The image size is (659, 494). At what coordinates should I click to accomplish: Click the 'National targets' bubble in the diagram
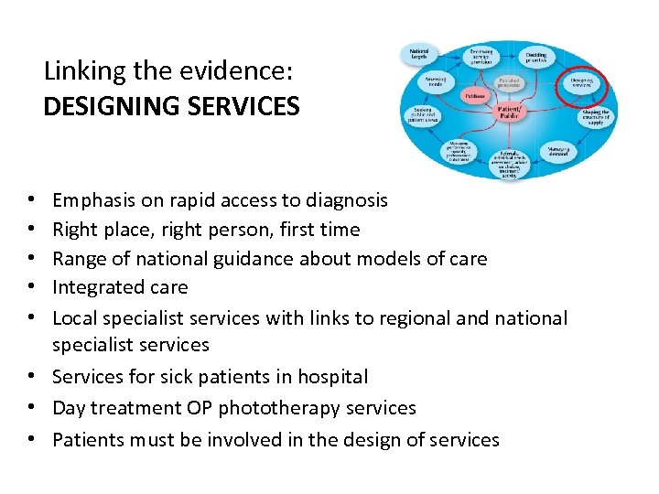pos(421,56)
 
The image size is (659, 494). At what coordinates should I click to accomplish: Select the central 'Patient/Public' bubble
pos(510,112)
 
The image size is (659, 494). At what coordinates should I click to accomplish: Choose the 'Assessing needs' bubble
pos(436,84)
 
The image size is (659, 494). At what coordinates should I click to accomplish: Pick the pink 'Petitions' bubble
pos(474,95)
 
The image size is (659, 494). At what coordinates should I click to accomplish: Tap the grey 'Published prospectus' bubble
pos(509,83)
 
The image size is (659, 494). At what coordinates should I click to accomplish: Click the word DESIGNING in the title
pos(104,107)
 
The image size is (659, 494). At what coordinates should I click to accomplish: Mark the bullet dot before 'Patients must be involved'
pos(32,440)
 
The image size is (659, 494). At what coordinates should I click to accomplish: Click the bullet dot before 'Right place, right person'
pos(32,230)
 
